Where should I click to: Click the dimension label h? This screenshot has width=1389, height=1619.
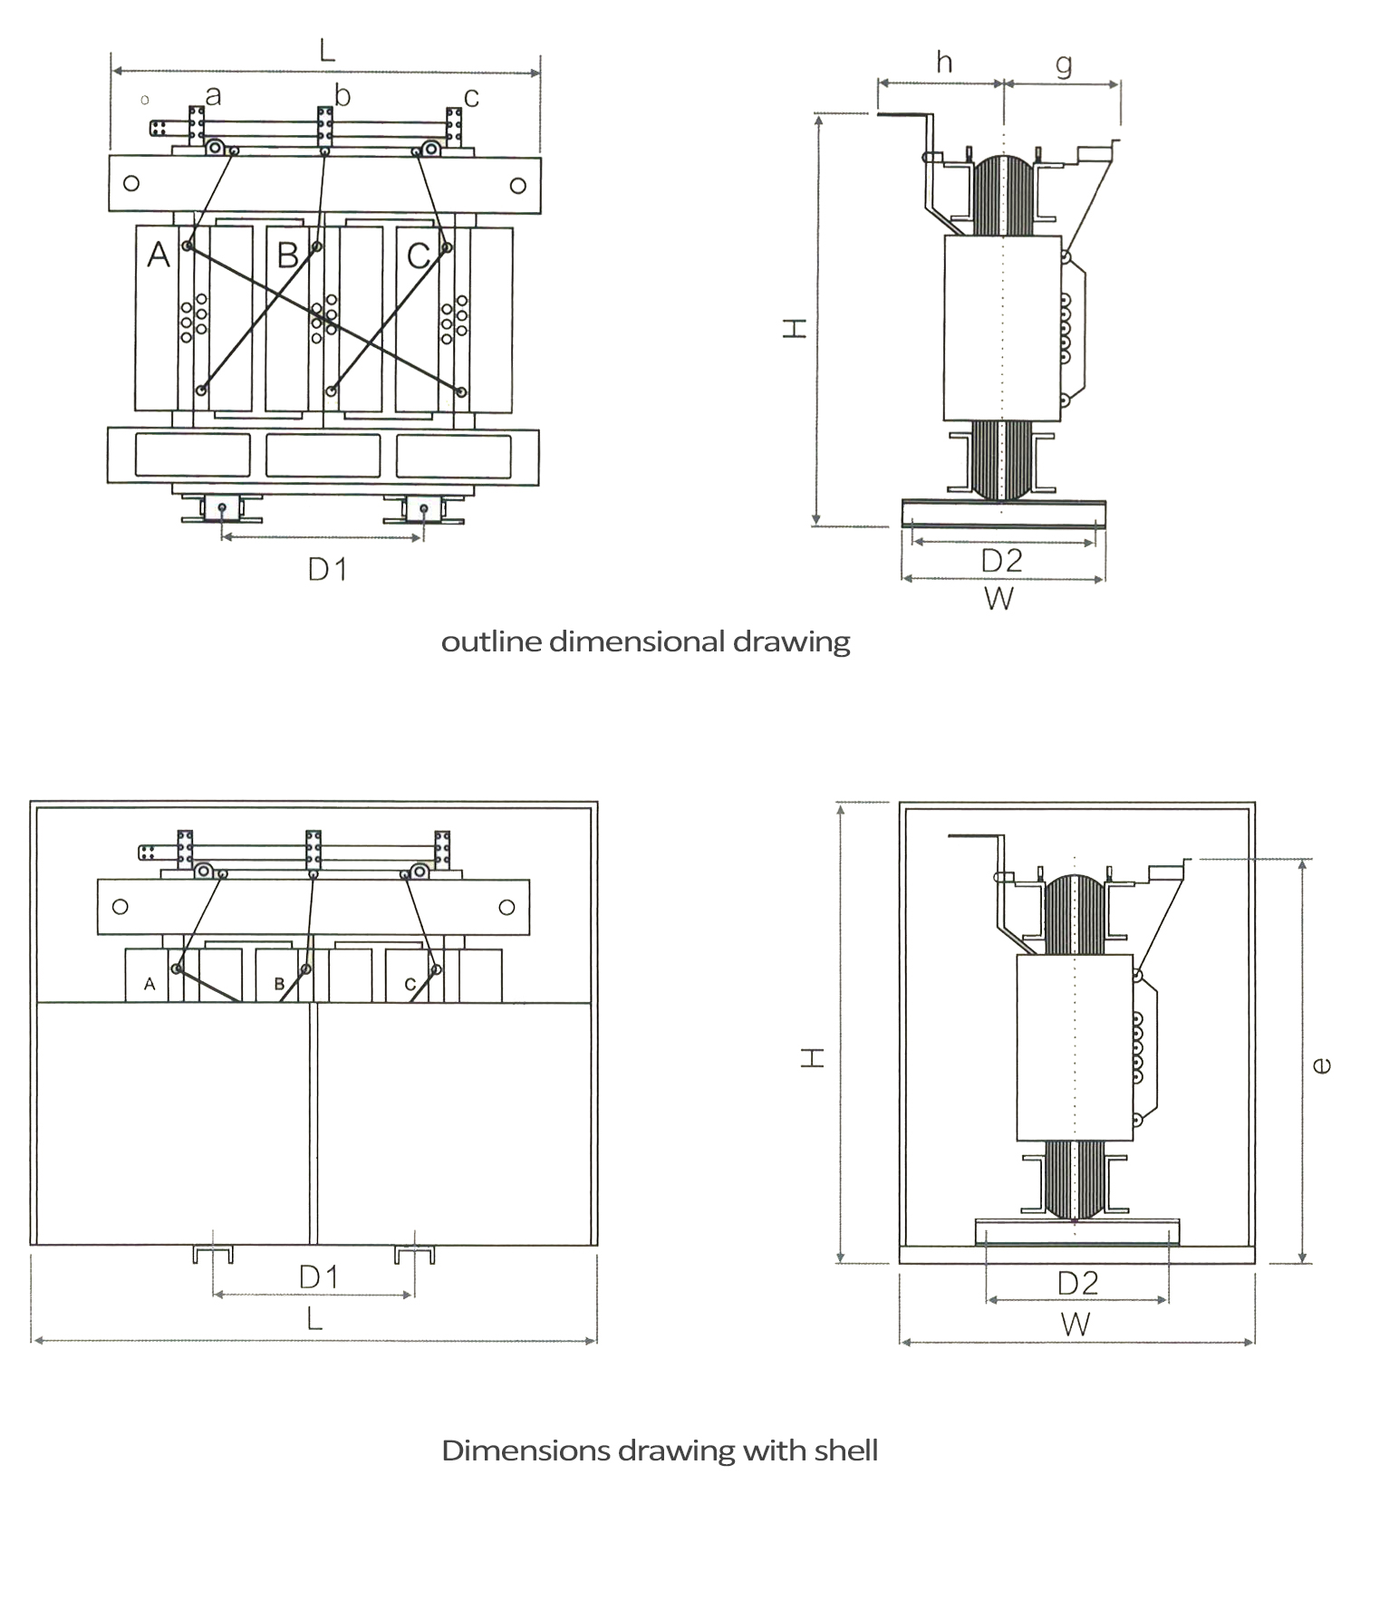pos(944,62)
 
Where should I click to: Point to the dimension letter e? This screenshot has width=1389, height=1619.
pos(1322,1066)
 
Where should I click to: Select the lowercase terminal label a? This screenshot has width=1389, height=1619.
pos(213,94)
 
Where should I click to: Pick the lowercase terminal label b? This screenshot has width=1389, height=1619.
pos(342,94)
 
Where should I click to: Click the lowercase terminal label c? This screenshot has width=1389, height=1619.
pos(471,96)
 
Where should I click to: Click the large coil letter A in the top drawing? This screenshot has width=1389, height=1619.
pos(159,255)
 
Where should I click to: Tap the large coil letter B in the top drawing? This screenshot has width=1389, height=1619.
pos(287,255)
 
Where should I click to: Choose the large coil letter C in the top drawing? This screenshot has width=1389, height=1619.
pos(418,255)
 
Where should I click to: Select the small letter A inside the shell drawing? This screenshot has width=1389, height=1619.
pos(150,984)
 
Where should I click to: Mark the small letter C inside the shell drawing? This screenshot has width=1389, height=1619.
pos(410,984)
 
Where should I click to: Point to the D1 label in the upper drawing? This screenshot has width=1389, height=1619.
pos(327,569)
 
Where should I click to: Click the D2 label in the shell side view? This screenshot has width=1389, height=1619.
pos(1077,1282)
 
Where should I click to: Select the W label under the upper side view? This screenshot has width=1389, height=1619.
pos(998,599)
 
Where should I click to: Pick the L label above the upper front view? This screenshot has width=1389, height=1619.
pos(327,49)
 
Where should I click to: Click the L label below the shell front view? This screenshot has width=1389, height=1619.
pos(314,1318)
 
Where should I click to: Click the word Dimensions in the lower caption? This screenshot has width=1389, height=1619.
pos(526,1450)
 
